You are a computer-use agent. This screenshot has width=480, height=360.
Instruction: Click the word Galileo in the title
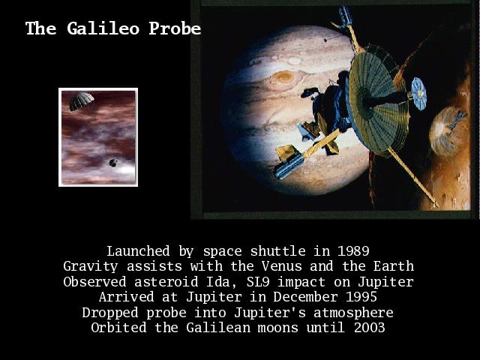point(103,28)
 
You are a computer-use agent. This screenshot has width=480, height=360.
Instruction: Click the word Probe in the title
point(175,28)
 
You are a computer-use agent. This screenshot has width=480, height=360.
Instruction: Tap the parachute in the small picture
point(81,100)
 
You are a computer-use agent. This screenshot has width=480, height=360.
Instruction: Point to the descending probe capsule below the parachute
point(113,163)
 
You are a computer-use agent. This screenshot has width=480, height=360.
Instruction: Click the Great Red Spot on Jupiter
point(283,78)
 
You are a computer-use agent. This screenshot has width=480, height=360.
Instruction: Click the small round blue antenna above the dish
point(418,94)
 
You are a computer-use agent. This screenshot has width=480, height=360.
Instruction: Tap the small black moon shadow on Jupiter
point(325,40)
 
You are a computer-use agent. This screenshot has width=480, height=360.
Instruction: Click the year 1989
point(353,251)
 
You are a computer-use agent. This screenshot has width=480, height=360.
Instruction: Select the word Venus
point(282,266)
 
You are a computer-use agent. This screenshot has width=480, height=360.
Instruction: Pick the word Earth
point(393,266)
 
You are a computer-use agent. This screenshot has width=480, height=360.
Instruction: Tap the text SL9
point(258,282)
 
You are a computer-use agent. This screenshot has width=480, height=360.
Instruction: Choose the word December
point(305,297)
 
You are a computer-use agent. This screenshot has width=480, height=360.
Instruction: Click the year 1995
point(361,297)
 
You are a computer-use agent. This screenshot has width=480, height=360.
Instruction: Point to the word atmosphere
point(353,313)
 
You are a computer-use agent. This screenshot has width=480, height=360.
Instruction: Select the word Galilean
point(218,328)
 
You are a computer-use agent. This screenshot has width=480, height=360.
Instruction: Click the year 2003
point(369,328)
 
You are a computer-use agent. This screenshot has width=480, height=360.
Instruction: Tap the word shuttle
point(277,251)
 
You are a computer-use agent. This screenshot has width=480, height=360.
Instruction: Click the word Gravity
point(90,267)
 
